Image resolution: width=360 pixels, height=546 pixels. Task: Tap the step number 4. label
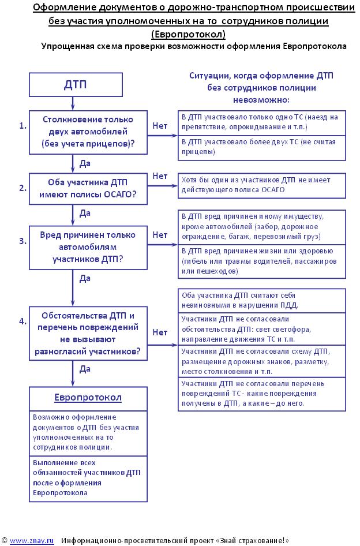coord(23,321)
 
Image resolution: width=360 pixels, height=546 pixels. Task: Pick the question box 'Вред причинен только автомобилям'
coord(88,247)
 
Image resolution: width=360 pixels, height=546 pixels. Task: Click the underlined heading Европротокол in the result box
coord(88,398)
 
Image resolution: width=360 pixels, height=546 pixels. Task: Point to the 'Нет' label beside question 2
coord(160,175)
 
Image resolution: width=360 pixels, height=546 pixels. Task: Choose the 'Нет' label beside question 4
coord(160,332)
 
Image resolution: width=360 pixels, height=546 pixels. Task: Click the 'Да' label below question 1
coord(84,164)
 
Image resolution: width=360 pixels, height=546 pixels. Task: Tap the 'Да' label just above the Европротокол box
coord(84,368)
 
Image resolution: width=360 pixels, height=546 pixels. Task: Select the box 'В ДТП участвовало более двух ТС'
coord(262,147)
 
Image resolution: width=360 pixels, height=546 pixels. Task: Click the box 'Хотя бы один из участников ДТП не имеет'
coord(262,185)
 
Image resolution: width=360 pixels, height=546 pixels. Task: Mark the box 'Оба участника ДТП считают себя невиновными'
coord(262,300)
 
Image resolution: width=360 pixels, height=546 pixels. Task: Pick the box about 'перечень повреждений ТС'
coord(262,394)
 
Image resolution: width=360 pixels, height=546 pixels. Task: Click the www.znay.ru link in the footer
coord(32,541)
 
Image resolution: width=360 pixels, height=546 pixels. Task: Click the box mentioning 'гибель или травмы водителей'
coord(262,260)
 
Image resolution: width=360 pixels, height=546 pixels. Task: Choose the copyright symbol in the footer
coord(4,541)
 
